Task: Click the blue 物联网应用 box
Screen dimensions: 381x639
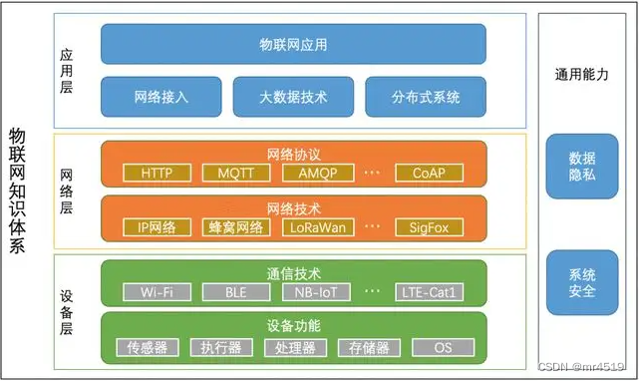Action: (293, 44)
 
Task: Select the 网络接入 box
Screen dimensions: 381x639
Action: (161, 98)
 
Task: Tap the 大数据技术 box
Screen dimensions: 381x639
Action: (293, 98)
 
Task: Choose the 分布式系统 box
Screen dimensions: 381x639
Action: (426, 98)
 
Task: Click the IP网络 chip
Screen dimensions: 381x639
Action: (157, 227)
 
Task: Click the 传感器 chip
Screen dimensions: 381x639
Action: (154, 347)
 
